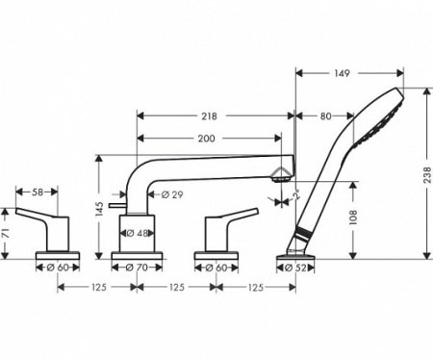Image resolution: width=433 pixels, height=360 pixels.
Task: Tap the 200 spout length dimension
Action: pos(206,138)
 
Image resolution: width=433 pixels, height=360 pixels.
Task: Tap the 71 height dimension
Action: pos(7,232)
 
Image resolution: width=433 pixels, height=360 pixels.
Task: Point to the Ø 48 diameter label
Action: pos(139,233)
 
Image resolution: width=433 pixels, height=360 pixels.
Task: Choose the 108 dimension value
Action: pos(354,217)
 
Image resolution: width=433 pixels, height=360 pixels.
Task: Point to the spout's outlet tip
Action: pos(281,173)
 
